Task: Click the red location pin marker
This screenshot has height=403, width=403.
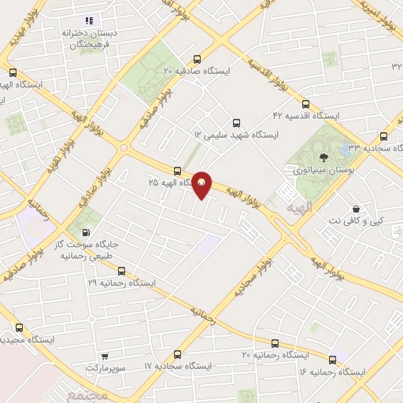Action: [x=202, y=185]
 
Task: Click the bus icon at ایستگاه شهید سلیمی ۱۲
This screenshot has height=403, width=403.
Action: [x=197, y=135]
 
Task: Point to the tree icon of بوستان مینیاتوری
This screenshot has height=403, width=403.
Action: [x=300, y=156]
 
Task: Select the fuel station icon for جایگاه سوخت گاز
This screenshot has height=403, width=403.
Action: [x=83, y=233]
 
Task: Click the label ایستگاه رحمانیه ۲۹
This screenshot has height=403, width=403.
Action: [x=122, y=282]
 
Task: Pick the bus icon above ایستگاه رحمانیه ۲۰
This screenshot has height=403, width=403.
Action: [x=275, y=343]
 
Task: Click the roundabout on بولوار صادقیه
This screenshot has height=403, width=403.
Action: [x=124, y=146]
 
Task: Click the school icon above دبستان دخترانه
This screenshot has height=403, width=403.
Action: [x=88, y=20]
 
